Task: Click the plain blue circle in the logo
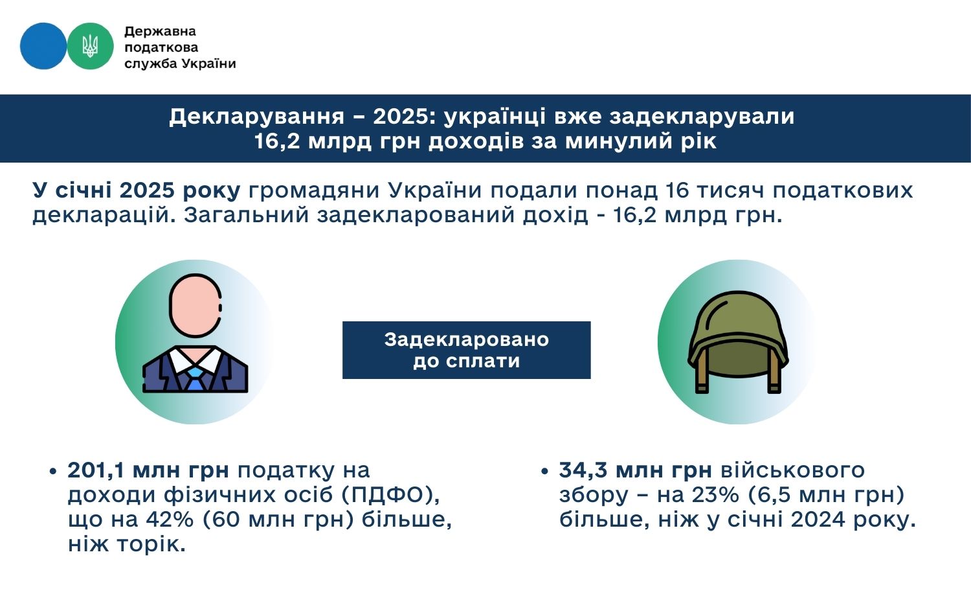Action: click(x=43, y=46)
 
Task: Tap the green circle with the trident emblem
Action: click(x=90, y=46)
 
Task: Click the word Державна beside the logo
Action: click(x=160, y=32)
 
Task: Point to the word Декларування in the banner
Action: click(x=256, y=117)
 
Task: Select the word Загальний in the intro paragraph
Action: click(x=246, y=215)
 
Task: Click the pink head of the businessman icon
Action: click(x=195, y=305)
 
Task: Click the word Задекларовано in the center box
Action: click(x=467, y=339)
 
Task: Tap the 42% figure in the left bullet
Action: click(x=170, y=520)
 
